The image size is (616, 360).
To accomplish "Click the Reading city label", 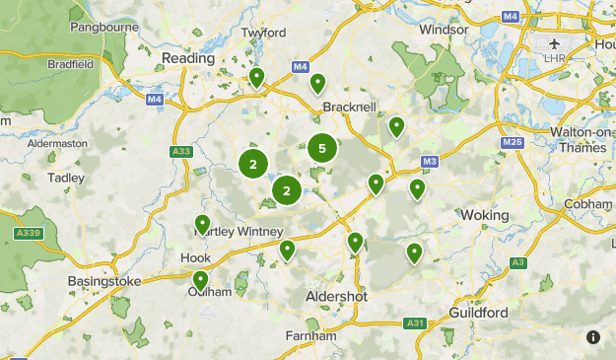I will [187, 59].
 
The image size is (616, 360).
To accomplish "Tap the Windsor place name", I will [444, 30].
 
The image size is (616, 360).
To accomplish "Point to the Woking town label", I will [485, 215].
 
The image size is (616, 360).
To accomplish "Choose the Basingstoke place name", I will [104, 282].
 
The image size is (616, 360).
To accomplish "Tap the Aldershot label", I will [337, 297].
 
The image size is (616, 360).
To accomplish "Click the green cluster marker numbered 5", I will [321, 149].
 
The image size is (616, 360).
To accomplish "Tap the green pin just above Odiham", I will [201, 280].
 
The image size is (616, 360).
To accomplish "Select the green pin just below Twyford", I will [256, 77].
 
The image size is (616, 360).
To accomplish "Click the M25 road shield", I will [512, 143].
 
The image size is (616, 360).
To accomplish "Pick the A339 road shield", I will [29, 233].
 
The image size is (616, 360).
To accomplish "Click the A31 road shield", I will [415, 323].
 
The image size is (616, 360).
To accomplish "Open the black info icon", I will [593, 337].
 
